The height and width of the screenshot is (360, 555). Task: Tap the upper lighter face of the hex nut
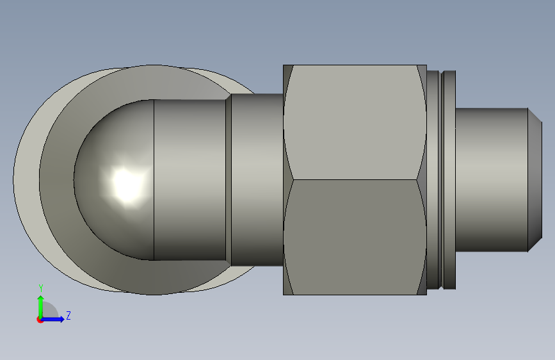355,122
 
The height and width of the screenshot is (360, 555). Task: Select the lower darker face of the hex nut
355,237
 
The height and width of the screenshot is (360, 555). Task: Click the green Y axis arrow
41,307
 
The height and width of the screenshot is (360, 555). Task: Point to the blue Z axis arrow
52,319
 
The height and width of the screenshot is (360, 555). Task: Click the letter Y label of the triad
41,288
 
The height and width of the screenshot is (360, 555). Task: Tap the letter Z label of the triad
68,315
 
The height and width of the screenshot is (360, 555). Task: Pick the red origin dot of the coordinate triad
40,320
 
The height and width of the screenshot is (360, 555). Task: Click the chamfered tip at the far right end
535,180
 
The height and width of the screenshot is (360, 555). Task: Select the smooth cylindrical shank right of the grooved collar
491,180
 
